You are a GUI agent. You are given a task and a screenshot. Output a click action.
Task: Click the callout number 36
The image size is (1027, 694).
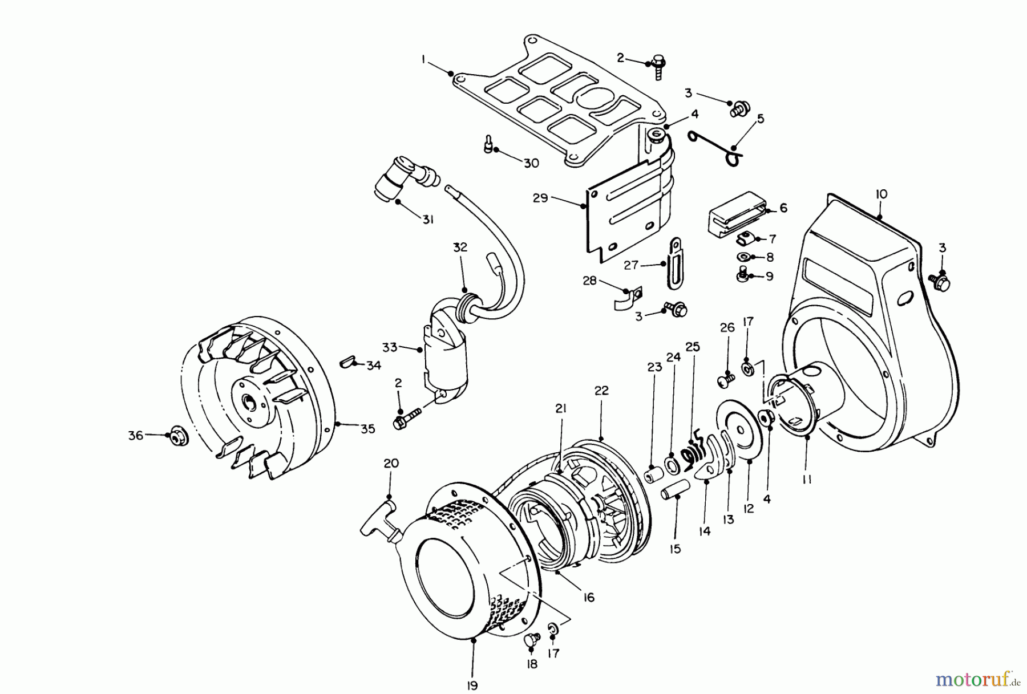click(x=136, y=436)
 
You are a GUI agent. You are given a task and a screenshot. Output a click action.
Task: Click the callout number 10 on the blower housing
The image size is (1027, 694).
click(x=880, y=194)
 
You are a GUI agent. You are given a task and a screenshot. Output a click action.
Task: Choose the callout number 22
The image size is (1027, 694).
click(x=601, y=391)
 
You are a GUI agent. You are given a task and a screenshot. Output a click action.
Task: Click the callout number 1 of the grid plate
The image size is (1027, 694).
click(x=423, y=59)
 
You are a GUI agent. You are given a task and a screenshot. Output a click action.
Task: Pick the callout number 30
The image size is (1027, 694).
click(x=531, y=163)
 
